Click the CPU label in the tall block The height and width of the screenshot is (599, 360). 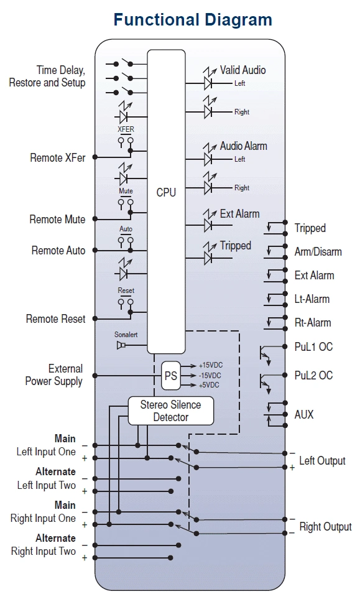166,192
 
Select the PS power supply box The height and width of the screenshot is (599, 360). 170,376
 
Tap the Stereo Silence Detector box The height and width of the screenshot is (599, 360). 170,411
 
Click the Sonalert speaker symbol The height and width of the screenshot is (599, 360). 121,345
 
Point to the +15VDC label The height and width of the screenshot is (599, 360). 211,365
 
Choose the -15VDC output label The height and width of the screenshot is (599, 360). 210,376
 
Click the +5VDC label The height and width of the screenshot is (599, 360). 209,385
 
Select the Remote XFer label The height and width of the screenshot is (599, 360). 58,158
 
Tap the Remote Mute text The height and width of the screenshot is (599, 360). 57,220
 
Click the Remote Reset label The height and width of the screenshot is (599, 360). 56,318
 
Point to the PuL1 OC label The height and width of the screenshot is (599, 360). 313,346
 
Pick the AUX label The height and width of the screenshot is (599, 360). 304,414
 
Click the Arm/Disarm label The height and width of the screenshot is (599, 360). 318,252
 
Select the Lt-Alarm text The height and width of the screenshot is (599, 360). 312,299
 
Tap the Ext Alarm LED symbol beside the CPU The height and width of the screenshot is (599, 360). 208,221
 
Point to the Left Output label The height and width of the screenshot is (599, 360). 322,461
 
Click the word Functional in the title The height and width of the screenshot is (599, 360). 156,19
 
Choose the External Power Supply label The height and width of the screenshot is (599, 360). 54,374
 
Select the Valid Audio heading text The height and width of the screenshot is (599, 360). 243,70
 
